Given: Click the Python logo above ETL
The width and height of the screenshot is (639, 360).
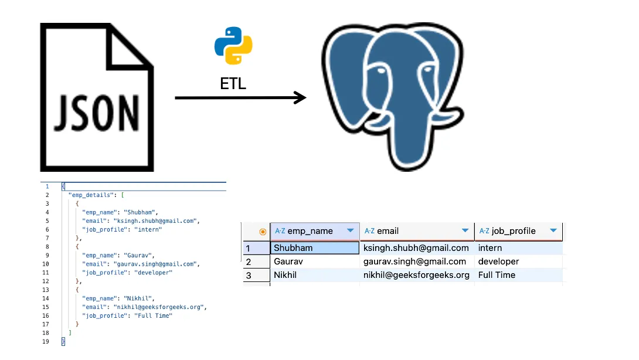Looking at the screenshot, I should (x=233, y=45).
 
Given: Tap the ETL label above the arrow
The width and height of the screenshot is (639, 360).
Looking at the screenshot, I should (x=233, y=84).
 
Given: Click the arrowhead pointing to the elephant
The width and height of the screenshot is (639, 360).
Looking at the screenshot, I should (x=301, y=97).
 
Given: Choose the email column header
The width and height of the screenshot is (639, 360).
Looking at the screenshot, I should (x=388, y=231).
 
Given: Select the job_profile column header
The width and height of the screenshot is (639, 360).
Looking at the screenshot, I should (x=513, y=231).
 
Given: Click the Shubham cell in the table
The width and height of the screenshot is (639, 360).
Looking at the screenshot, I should (x=293, y=248).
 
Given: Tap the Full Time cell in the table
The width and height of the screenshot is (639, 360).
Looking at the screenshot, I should (x=497, y=275).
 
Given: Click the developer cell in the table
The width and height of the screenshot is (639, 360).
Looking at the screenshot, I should (x=498, y=261).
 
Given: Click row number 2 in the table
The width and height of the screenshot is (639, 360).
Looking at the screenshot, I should (x=249, y=261).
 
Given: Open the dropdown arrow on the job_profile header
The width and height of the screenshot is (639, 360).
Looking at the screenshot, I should (x=553, y=231).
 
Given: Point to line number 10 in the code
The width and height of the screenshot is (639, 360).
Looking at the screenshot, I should (x=46, y=264).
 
